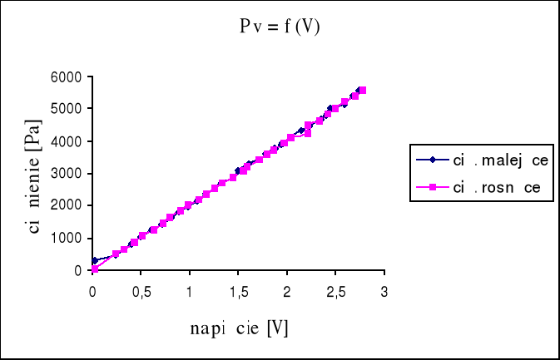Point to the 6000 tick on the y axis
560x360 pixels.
click(67, 77)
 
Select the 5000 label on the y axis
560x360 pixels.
click(67, 109)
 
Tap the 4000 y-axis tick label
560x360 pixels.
click(67, 141)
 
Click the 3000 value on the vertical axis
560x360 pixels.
click(67, 174)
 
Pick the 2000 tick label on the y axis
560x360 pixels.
click(67, 205)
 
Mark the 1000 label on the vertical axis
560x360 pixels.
click(67, 239)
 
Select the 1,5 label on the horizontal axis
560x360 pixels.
click(238, 292)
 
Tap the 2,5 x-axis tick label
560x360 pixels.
click(335, 292)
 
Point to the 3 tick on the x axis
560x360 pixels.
click(384, 292)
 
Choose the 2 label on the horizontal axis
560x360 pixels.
click(286, 292)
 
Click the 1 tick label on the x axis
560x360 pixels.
click(189, 292)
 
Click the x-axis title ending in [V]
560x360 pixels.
click(239, 328)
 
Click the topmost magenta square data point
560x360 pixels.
click(363, 90)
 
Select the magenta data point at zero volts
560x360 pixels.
click(94, 269)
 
